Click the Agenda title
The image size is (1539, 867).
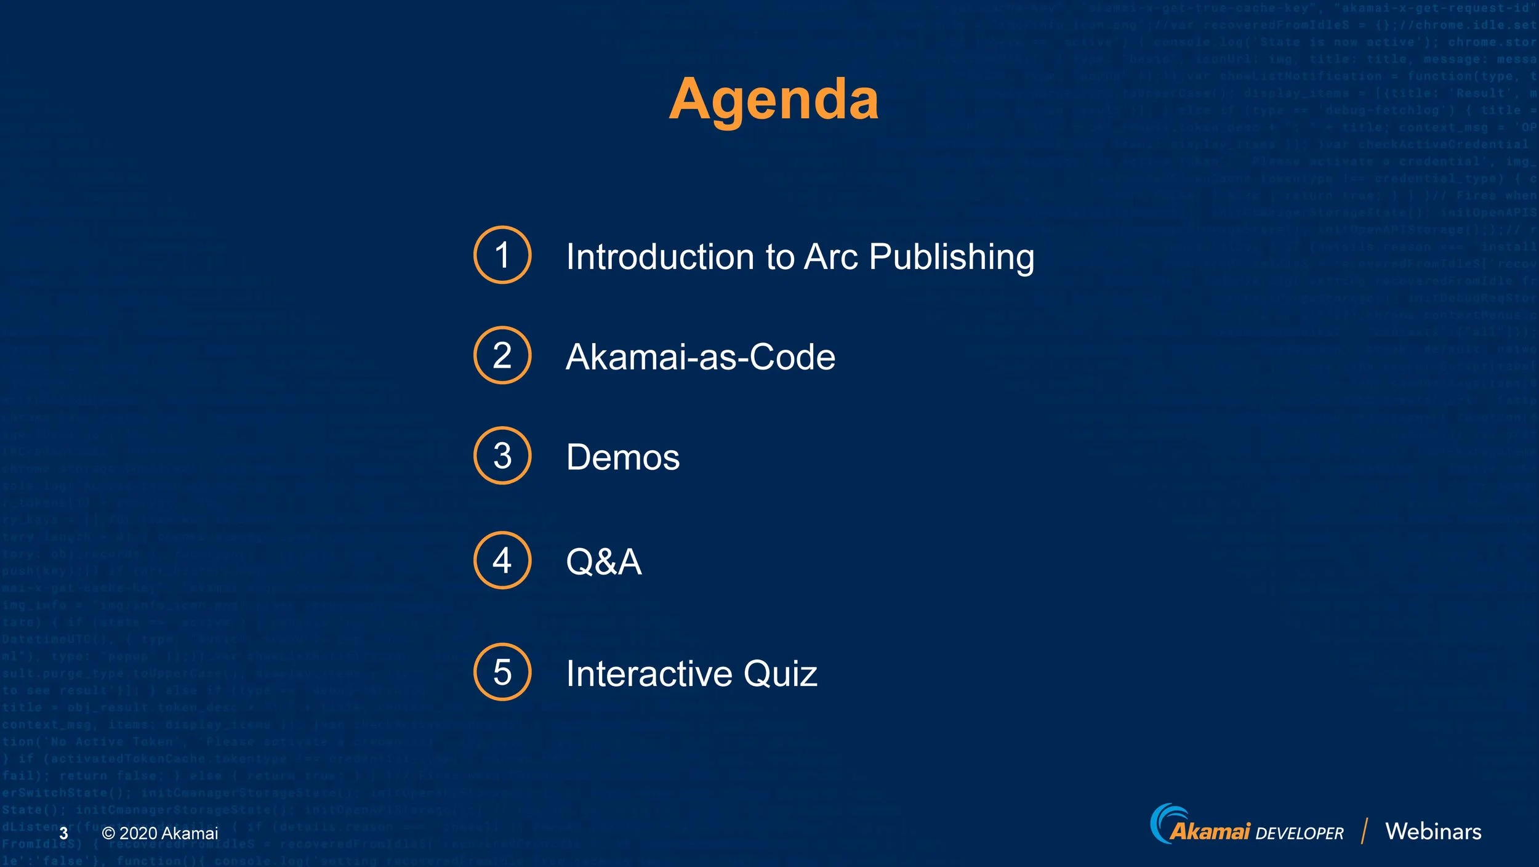click(x=774, y=100)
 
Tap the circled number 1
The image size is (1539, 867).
click(x=502, y=255)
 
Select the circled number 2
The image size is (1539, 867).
click(x=502, y=355)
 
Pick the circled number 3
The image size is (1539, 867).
click(x=502, y=456)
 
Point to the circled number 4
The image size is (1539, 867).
click(x=502, y=560)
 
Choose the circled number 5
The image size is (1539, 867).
click(x=502, y=672)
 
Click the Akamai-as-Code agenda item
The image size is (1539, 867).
click(x=701, y=357)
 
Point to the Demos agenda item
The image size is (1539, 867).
click(x=623, y=457)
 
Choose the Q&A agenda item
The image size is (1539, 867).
click(x=604, y=562)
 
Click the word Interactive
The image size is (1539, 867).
click(x=649, y=674)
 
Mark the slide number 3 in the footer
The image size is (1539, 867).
click(x=63, y=834)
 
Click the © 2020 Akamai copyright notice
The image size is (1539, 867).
click(x=160, y=834)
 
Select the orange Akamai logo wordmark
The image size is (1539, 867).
click(x=1210, y=832)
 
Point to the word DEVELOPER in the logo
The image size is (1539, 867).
click(x=1299, y=834)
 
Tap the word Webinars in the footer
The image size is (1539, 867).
click(x=1433, y=832)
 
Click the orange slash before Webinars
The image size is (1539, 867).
click(x=1365, y=831)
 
